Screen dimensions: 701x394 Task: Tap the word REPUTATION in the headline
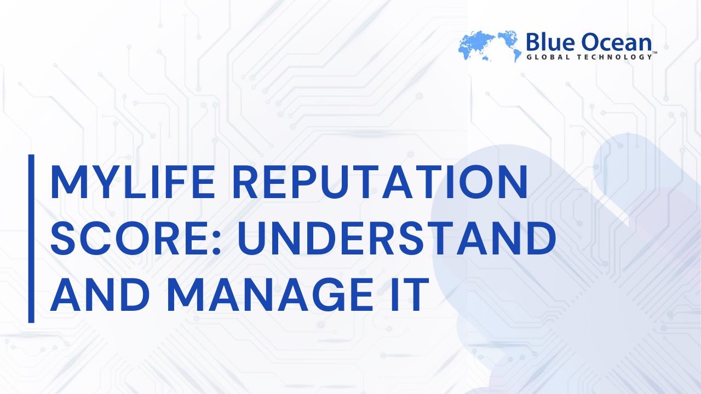tap(380, 182)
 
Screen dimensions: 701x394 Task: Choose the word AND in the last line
tap(100, 295)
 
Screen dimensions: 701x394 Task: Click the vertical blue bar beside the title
tap(31, 239)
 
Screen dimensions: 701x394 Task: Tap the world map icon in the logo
tap(490, 46)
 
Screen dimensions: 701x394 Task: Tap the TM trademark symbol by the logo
tap(654, 53)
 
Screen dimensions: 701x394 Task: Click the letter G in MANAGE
tap(325, 295)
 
